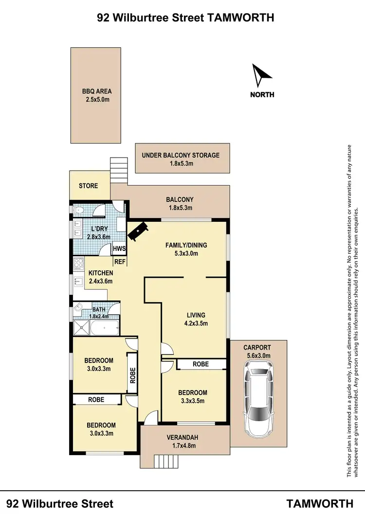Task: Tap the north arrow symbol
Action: pyautogui.click(x=261, y=75)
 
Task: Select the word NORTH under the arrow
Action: pyautogui.click(x=262, y=95)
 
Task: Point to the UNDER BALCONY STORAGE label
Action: pyautogui.click(x=181, y=155)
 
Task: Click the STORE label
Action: pyautogui.click(x=88, y=186)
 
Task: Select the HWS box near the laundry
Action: pyautogui.click(x=119, y=249)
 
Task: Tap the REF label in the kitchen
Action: pyautogui.click(x=120, y=262)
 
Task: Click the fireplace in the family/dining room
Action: pyautogui.click(x=138, y=231)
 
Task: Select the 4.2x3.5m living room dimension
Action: pyautogui.click(x=195, y=323)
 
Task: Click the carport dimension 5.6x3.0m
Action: pyautogui.click(x=258, y=356)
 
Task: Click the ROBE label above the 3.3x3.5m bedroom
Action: pyautogui.click(x=201, y=364)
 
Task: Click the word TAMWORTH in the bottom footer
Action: pyautogui.click(x=320, y=503)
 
